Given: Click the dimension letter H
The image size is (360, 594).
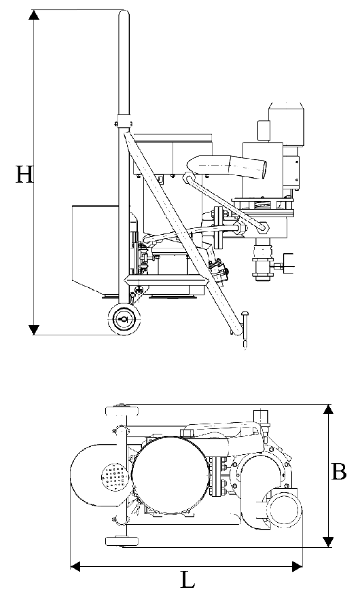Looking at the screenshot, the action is (x=24, y=174).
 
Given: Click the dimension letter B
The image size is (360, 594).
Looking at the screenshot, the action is (x=339, y=472).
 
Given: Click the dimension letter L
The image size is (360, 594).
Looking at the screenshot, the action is (x=187, y=580).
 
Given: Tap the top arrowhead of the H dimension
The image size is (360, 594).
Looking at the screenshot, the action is (x=34, y=15).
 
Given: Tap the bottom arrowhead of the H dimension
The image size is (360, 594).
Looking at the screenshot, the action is (x=34, y=329).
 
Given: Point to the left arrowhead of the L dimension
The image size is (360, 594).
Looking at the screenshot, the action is (x=75, y=567).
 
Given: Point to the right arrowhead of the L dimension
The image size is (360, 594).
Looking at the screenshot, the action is (x=298, y=567).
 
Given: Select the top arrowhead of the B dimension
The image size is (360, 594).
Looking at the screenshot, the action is (x=329, y=409).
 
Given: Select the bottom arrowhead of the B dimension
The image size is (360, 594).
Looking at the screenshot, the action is (x=329, y=542).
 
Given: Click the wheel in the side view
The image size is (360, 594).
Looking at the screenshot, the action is (x=124, y=319).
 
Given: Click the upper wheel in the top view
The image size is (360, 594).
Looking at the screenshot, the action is (x=122, y=411).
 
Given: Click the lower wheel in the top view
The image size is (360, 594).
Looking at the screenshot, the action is (x=122, y=540).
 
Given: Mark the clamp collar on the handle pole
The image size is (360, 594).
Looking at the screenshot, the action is (x=124, y=124).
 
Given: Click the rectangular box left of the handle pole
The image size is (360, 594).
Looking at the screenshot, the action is (x=96, y=249).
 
